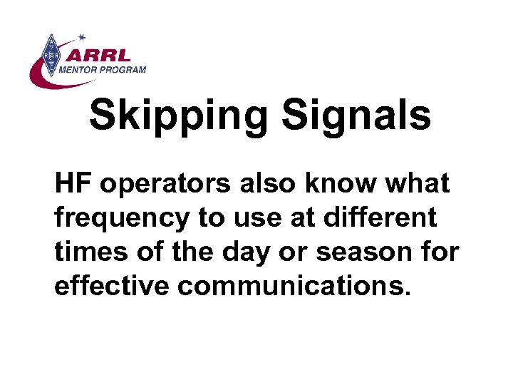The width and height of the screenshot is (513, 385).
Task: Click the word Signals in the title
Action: pos(356,116)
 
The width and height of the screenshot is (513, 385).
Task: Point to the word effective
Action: pos(111,287)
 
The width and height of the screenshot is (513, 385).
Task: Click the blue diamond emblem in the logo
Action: pos(50,54)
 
